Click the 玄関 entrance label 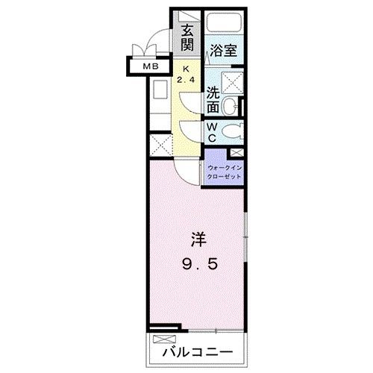pyautogui.click(x=186, y=39)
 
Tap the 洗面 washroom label pyautogui.click(x=213, y=98)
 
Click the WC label pyautogui.click(x=213, y=133)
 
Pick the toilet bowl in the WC pyautogui.click(x=233, y=133)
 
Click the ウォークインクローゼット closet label pyautogui.click(x=225, y=173)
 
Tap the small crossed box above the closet pyautogui.click(x=237, y=152)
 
